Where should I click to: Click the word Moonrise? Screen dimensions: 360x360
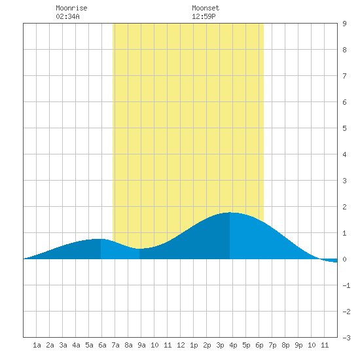click(71, 8)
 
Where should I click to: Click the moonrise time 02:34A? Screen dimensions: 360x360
click(67, 16)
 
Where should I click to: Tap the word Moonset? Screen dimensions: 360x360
click(206, 8)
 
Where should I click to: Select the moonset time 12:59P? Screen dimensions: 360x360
click(204, 16)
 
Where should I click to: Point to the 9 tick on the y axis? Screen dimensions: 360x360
click(344, 24)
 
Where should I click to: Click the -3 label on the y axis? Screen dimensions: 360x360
click(346, 338)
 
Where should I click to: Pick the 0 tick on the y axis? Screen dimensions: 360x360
click(344, 259)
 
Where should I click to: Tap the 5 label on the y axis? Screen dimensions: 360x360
click(344, 128)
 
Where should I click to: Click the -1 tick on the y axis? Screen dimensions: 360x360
click(346, 285)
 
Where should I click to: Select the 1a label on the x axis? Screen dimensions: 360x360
click(37, 345)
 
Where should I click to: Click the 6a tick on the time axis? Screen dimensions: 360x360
click(102, 345)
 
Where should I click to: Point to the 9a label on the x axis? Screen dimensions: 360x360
click(141, 345)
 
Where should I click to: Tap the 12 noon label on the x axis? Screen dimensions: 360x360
click(181, 345)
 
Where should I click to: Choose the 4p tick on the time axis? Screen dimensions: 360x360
click(233, 345)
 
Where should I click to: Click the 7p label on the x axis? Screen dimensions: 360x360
click(272, 345)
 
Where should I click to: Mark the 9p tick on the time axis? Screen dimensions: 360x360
click(298, 345)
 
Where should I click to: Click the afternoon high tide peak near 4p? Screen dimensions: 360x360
click(230, 213)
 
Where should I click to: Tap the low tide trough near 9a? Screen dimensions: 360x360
click(139, 249)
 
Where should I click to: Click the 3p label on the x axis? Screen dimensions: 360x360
click(220, 345)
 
